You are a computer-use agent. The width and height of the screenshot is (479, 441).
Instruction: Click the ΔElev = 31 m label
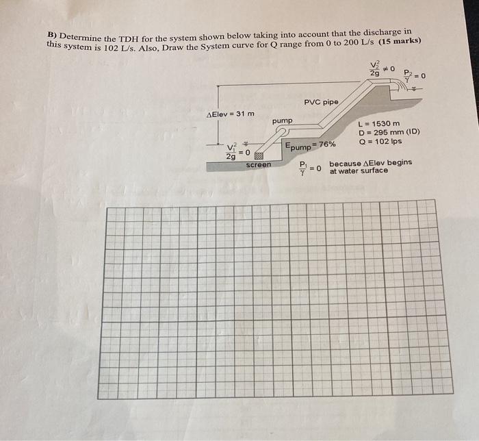230,114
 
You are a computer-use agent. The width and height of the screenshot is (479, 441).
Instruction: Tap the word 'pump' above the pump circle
282,121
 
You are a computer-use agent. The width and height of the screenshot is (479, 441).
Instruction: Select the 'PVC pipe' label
321,102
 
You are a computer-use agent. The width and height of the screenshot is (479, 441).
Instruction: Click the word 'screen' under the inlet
258,165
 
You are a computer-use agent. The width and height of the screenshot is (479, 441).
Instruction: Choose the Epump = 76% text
310,145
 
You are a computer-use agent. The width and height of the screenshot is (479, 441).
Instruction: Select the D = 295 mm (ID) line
389,132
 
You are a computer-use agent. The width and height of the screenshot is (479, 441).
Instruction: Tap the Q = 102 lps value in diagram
380,142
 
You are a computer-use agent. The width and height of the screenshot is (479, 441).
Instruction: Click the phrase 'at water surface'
359,171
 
